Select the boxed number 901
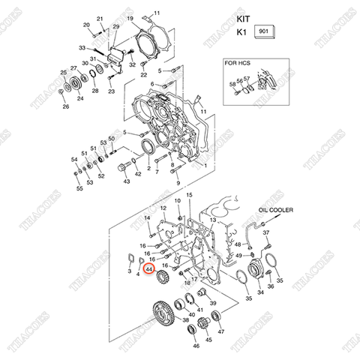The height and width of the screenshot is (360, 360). pos(265,32)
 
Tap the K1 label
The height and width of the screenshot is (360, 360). pos(241,33)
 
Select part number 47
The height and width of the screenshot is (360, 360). pos(220,331)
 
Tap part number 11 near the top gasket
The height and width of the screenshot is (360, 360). pos(157,13)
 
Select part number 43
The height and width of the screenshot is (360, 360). pos(126,181)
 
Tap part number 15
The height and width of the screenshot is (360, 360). pos(190,195)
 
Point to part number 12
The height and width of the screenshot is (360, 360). pos(163,208)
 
